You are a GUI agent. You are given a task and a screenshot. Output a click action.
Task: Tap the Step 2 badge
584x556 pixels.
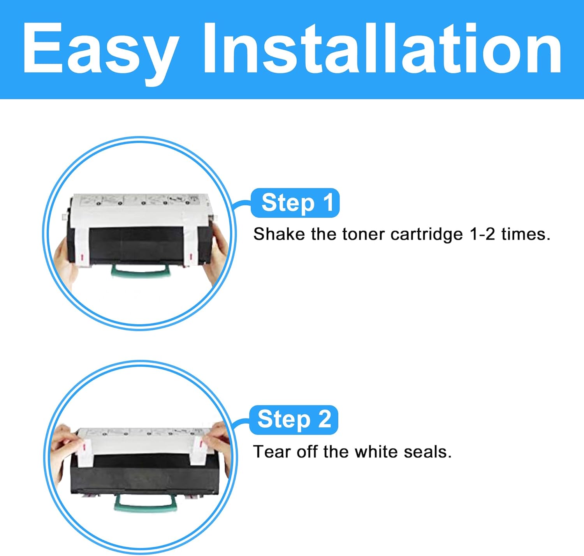[x=294, y=419]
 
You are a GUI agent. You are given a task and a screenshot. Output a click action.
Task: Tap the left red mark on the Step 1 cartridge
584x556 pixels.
[x=82, y=258]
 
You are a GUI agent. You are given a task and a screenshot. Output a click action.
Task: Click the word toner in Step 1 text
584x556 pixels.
[x=364, y=234]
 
